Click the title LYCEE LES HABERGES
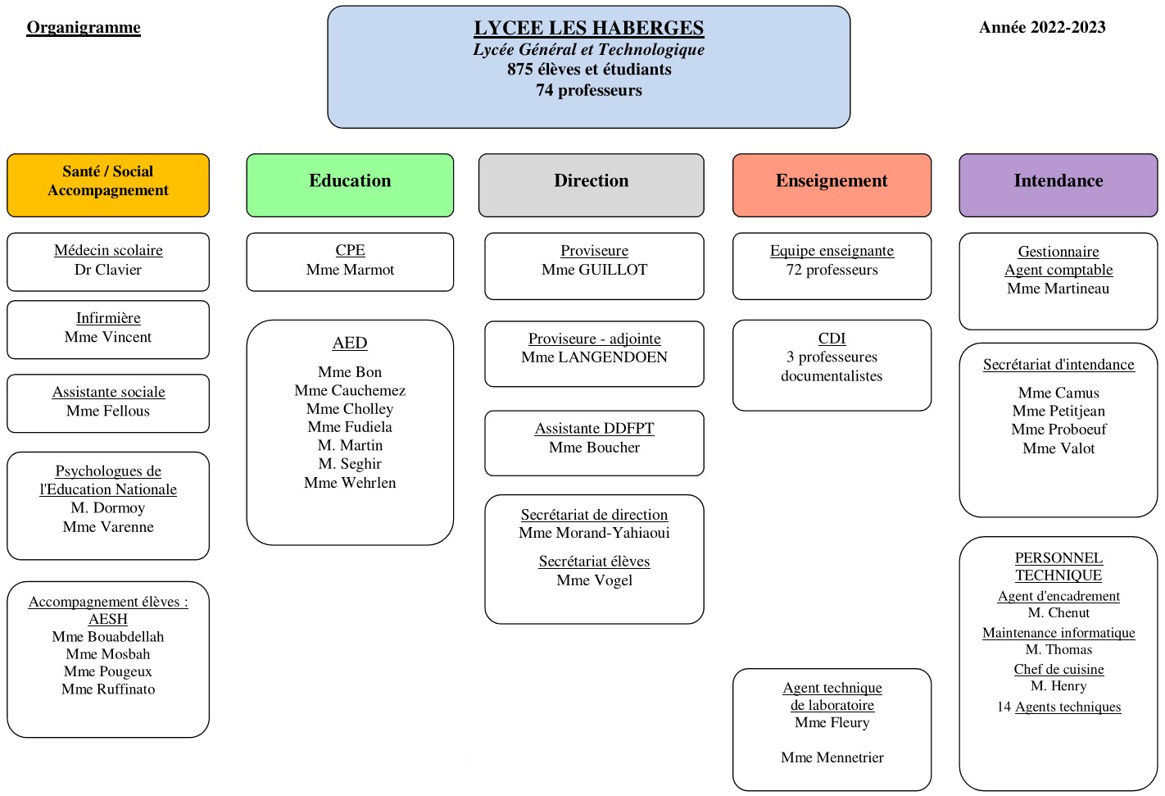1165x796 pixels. click(x=588, y=28)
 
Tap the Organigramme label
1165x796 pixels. click(x=84, y=27)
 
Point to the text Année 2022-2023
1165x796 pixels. click(x=1041, y=27)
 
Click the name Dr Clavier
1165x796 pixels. click(x=108, y=270)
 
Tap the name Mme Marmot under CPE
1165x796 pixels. click(x=350, y=270)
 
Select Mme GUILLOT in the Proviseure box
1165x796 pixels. click(x=594, y=270)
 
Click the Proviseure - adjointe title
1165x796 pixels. click(x=594, y=339)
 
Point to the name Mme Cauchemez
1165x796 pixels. click(x=350, y=390)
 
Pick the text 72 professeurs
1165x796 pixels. click(x=832, y=270)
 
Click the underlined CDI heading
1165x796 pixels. click(x=832, y=338)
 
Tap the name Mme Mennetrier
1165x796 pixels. click(x=832, y=757)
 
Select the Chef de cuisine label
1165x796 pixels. click(x=1058, y=669)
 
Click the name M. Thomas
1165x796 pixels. click(x=1058, y=649)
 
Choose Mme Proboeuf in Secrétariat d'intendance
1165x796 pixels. click(x=1058, y=430)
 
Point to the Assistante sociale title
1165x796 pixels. click(x=108, y=392)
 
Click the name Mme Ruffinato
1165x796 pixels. click(x=108, y=689)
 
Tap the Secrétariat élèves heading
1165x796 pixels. click(x=594, y=562)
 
